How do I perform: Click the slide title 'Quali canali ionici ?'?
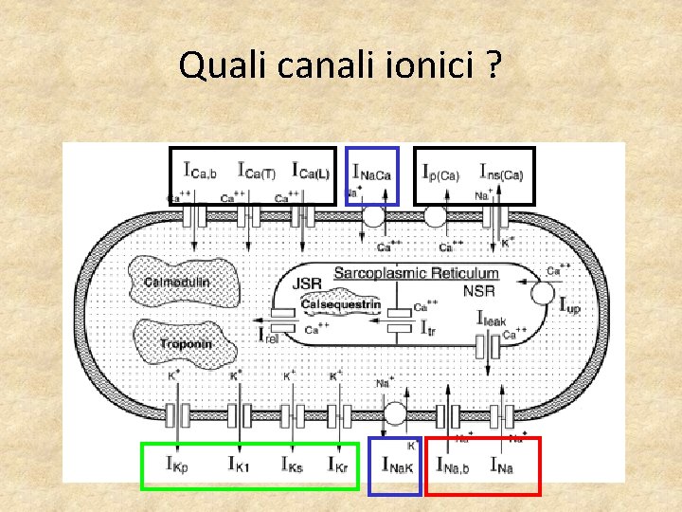point(341,65)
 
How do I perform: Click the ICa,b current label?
point(201,172)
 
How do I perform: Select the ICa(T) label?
point(256,172)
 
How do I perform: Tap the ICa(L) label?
point(311,172)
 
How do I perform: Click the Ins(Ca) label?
point(501,173)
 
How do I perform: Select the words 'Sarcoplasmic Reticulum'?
point(416,272)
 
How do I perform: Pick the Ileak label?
point(495,320)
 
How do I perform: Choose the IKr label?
point(338,464)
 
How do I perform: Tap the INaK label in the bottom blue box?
point(398,465)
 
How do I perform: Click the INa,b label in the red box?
point(456,465)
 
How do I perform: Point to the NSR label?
point(477,290)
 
